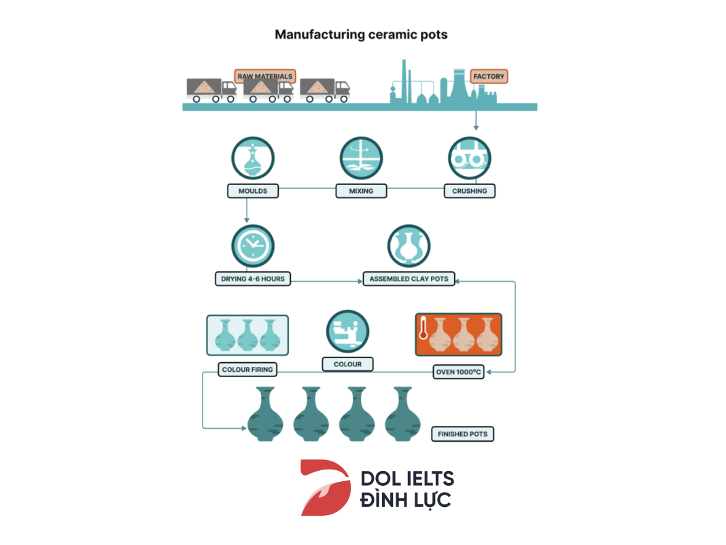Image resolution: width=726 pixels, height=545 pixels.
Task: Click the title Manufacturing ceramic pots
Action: [x=361, y=34]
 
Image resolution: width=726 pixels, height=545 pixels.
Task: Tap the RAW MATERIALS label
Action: [x=264, y=76]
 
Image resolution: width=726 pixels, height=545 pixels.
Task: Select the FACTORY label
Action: [x=489, y=76]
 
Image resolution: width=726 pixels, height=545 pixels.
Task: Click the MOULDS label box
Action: [x=253, y=191]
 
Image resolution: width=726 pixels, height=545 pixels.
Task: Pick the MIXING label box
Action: [x=361, y=191]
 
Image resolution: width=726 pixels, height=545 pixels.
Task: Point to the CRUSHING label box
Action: [x=469, y=191]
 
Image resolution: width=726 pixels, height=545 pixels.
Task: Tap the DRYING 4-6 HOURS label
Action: [x=253, y=279]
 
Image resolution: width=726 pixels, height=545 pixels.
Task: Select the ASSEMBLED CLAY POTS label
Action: [x=409, y=279]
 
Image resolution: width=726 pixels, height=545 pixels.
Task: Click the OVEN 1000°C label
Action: [x=459, y=372]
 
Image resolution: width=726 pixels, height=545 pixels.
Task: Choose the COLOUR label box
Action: [x=347, y=364]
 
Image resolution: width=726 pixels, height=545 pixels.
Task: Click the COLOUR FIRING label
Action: [x=247, y=370]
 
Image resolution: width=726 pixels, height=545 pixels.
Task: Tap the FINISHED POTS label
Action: [x=462, y=434]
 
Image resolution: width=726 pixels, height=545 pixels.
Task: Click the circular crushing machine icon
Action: [x=469, y=158]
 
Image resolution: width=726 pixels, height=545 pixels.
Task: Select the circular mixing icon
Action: [x=361, y=158]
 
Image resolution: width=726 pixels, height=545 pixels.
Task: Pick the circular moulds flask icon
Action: [x=253, y=158]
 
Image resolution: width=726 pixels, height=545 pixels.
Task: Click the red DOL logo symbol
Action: [x=325, y=487]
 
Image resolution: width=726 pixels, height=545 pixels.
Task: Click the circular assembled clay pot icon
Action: [x=409, y=245]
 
